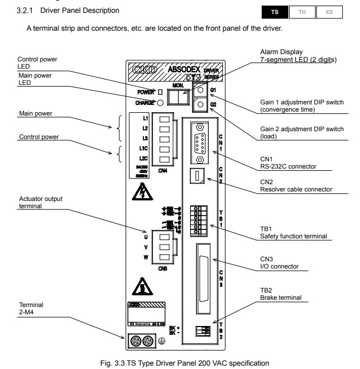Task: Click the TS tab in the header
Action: [274, 11]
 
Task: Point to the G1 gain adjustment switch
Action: [200, 90]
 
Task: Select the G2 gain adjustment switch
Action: [200, 104]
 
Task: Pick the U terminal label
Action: [146, 237]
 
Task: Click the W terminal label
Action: [146, 257]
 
